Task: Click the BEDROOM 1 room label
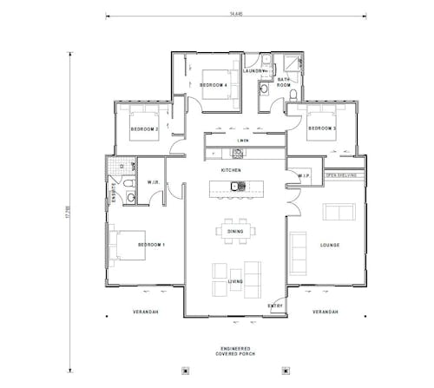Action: [x=151, y=246]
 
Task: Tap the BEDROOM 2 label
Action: [x=143, y=128]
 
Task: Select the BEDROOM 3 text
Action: [x=322, y=128]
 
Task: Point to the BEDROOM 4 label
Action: [x=213, y=85]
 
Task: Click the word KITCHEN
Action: [x=231, y=170]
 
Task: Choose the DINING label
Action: [x=235, y=232]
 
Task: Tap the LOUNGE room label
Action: [x=329, y=246]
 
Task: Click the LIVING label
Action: [x=235, y=282]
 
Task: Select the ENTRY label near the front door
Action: [x=275, y=306]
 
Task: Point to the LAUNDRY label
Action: [x=253, y=71]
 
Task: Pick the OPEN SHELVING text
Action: [x=341, y=175]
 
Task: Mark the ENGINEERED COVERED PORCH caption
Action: [x=236, y=351]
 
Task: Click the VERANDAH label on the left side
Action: [x=143, y=312]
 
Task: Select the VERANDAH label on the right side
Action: [x=325, y=312]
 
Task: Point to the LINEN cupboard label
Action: [x=244, y=139]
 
